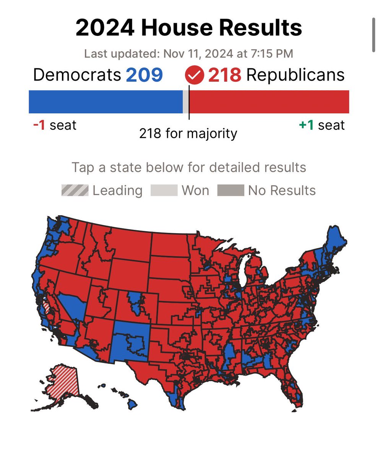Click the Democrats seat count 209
point(144,75)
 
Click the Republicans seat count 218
point(224,75)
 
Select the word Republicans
point(295,75)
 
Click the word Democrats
point(76,75)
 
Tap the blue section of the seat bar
point(106,102)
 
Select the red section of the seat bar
point(269,102)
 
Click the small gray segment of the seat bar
point(186,102)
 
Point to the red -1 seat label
point(54,125)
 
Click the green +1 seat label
point(322,125)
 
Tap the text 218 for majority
point(188,134)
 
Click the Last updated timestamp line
point(188,53)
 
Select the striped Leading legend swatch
point(75,190)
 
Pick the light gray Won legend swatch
point(164,190)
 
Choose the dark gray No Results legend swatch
point(230,190)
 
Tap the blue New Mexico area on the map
point(130,340)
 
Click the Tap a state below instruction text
point(188,167)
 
